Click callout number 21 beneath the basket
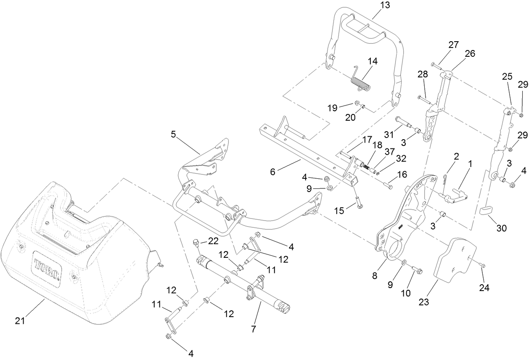click(20, 320)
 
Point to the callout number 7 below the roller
click(253, 329)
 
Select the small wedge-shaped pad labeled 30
click(487, 210)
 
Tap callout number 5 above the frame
click(173, 135)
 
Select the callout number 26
click(470, 53)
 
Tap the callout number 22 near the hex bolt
click(214, 241)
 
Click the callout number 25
click(507, 76)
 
